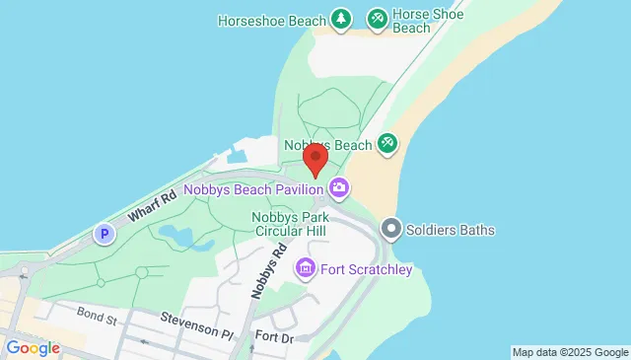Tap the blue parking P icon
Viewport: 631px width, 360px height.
pos(105,235)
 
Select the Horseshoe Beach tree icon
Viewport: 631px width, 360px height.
pos(340,19)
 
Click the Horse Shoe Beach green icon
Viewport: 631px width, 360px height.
pos(377,19)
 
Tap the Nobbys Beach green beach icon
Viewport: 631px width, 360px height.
pos(387,145)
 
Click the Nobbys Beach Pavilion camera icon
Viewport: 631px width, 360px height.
pos(339,186)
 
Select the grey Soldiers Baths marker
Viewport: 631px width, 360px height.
pos(391,230)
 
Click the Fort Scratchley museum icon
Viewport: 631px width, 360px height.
pos(305,267)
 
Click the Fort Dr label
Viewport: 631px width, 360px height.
pos(274,336)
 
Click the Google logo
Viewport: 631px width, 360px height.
pos(33,348)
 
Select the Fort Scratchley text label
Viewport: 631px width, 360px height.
pos(364,268)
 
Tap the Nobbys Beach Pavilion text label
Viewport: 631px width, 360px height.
pos(254,188)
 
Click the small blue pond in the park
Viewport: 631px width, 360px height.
pos(177,237)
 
